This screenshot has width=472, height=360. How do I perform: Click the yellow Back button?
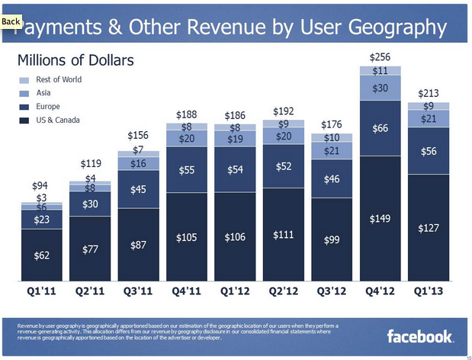click(x=11, y=22)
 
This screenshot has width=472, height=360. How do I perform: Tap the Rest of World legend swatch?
click(x=24, y=80)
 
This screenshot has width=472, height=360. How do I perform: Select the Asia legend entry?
click(x=24, y=93)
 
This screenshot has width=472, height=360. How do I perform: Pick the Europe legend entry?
click(x=24, y=107)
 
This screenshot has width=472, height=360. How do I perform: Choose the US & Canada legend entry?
click(x=24, y=121)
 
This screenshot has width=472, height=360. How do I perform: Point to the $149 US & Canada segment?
click(x=380, y=219)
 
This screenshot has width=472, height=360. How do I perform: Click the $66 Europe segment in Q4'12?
click(x=380, y=128)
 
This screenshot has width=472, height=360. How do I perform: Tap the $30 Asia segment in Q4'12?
click(x=380, y=89)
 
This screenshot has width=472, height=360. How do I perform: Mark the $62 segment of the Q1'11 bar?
click(x=42, y=256)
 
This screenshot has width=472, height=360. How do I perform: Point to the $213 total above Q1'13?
click(x=429, y=94)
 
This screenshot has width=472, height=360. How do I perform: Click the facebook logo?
click(x=421, y=336)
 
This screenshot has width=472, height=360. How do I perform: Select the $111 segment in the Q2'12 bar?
click(x=283, y=236)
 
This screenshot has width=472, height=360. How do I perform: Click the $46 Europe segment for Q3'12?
click(x=331, y=179)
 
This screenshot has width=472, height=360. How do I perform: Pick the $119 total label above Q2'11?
click(x=91, y=163)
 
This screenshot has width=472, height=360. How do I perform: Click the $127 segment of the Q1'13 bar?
click(x=429, y=228)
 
